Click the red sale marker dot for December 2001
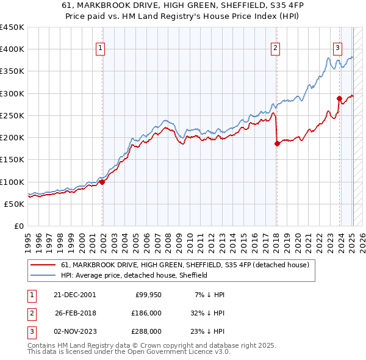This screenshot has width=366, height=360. tap(102, 181)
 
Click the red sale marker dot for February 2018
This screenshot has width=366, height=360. tap(277, 143)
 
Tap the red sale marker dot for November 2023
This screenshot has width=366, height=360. tap(339, 98)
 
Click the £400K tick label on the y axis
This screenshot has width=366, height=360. tap(12, 49)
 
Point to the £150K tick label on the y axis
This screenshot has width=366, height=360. tap(12, 160)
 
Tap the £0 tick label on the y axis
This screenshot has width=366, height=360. tap(18, 226)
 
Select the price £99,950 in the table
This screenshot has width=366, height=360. tap(148, 295)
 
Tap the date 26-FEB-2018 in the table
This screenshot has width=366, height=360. tap(76, 313)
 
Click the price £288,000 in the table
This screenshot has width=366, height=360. tap(146, 331)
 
